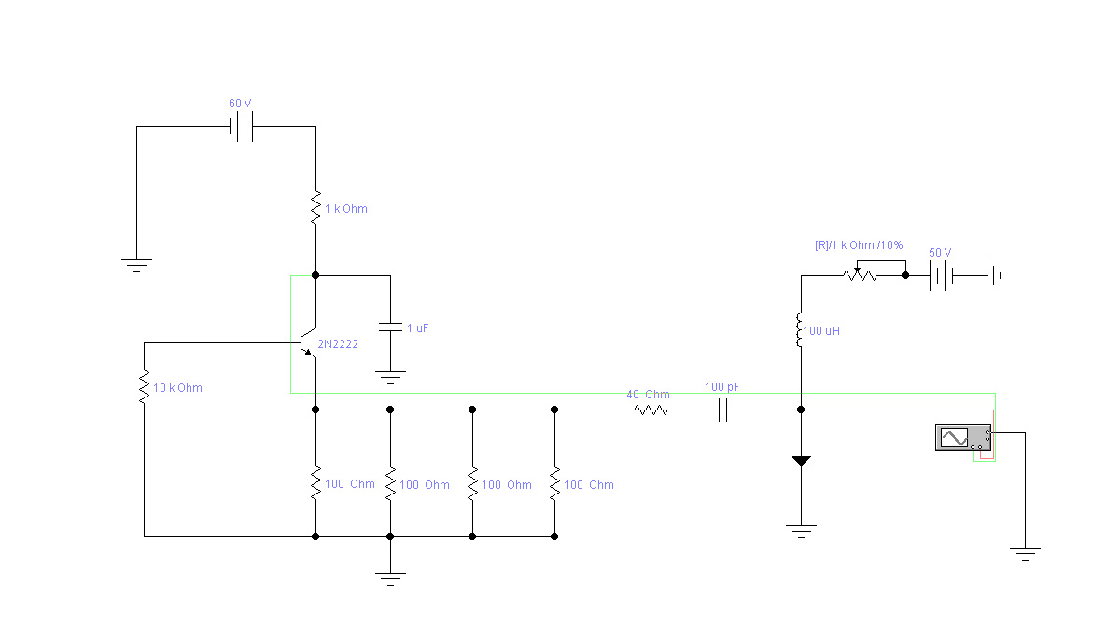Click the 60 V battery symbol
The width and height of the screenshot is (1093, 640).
(242, 127)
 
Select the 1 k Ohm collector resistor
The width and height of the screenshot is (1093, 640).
(315, 207)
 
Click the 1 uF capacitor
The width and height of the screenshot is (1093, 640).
(390, 327)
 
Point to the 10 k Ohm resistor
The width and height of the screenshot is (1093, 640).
(144, 386)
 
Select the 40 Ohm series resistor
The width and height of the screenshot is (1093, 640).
(652, 409)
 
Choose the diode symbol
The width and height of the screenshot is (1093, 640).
(801, 461)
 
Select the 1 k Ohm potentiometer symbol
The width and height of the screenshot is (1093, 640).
(859, 275)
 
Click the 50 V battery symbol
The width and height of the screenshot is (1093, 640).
(940, 275)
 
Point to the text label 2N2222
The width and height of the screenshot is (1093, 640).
(338, 344)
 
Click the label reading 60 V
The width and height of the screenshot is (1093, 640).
(241, 103)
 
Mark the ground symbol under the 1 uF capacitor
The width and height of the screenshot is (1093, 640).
(390, 377)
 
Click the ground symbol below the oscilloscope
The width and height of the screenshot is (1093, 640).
(1025, 553)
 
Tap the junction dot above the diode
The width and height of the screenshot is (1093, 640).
(801, 409)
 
